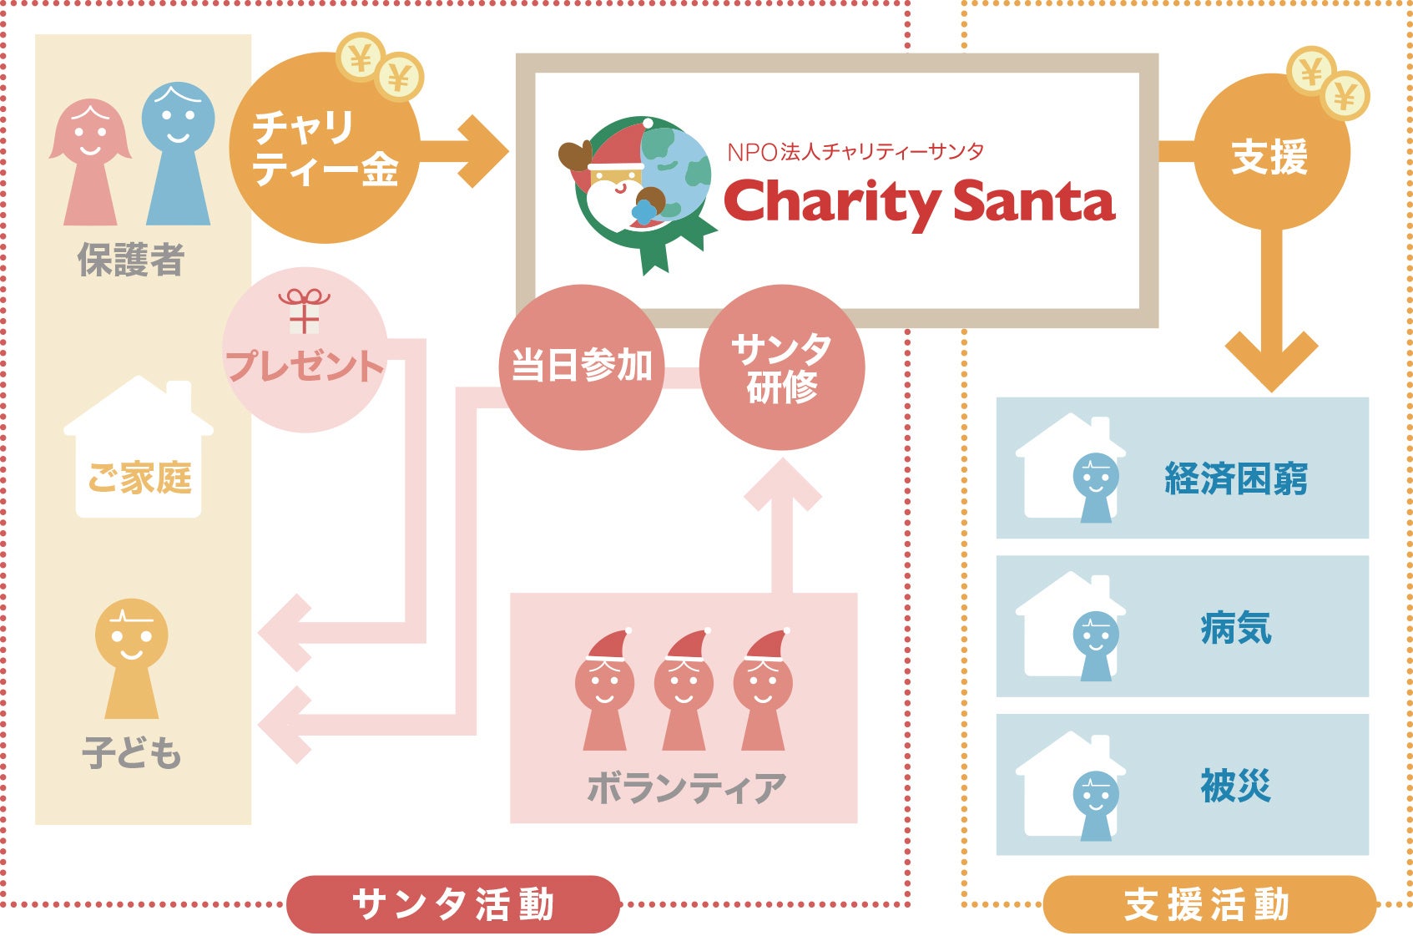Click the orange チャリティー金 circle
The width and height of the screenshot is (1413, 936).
click(x=324, y=149)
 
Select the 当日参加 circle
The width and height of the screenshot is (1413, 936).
click(x=581, y=367)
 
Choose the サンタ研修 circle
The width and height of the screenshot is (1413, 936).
click(x=781, y=367)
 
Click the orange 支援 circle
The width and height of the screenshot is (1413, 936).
click(x=1270, y=155)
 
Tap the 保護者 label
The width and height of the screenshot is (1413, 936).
click(x=131, y=261)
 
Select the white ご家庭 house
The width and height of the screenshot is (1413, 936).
click(x=139, y=451)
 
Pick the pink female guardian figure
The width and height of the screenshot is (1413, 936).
click(x=90, y=162)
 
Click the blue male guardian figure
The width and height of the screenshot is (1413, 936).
click(x=178, y=154)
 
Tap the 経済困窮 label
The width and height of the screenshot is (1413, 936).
click(x=1235, y=478)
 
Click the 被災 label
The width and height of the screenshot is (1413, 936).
click(x=1235, y=786)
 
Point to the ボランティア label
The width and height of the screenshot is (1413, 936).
click(x=685, y=787)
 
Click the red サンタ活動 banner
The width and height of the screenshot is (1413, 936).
click(x=453, y=904)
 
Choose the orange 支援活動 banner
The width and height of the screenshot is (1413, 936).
click(x=1208, y=904)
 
